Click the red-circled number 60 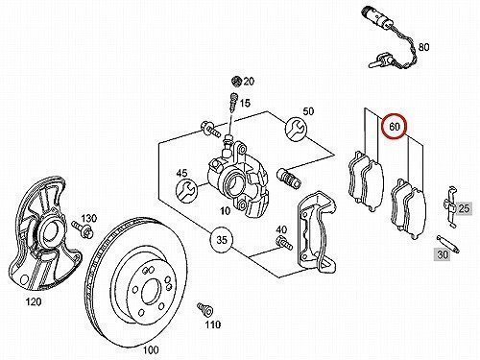[395, 127]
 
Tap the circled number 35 [222, 239]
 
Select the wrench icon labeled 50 [296, 129]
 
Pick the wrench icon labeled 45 [187, 191]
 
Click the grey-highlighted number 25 [464, 208]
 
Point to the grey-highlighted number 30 [442, 254]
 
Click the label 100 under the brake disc [151, 349]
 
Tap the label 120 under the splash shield [34, 301]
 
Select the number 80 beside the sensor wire [423, 47]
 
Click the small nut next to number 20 [236, 81]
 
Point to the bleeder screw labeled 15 [234, 102]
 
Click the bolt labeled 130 [83, 228]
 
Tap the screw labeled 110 [204, 308]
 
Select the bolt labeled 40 [283, 242]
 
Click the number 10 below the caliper [226, 210]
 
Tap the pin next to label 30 [448, 244]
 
